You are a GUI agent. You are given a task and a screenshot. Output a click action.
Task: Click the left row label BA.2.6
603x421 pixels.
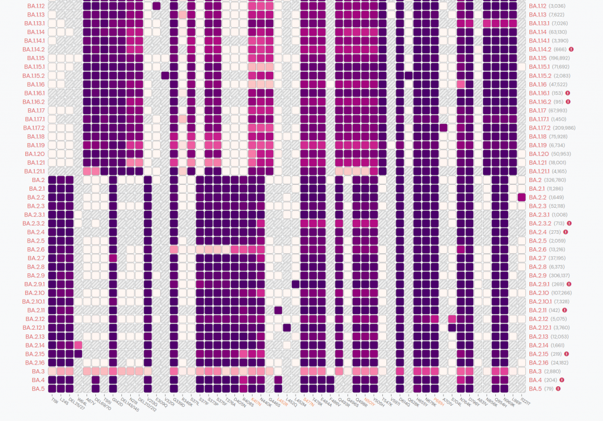[37, 250]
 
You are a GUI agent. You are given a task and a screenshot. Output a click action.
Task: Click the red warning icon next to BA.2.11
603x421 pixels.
[564, 310]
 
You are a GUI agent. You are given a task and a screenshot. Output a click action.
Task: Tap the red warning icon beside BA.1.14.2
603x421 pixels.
[571, 49]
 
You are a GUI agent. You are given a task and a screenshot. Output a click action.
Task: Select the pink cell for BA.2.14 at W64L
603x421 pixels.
[78, 345]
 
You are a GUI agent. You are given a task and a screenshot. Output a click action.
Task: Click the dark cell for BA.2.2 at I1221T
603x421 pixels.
[522, 197]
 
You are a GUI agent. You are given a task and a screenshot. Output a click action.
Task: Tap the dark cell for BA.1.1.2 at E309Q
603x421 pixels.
[157, 6]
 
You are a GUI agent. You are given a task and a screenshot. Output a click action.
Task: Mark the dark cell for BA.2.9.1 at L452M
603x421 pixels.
[296, 284]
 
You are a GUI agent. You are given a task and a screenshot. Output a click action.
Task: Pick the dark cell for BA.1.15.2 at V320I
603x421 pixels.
[165, 75]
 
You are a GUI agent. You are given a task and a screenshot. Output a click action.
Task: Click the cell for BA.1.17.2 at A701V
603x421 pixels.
[443, 128]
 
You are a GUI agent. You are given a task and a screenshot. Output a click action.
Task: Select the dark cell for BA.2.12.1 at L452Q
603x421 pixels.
[287, 328]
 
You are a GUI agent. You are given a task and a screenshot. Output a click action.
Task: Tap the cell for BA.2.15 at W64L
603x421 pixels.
[78, 354]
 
